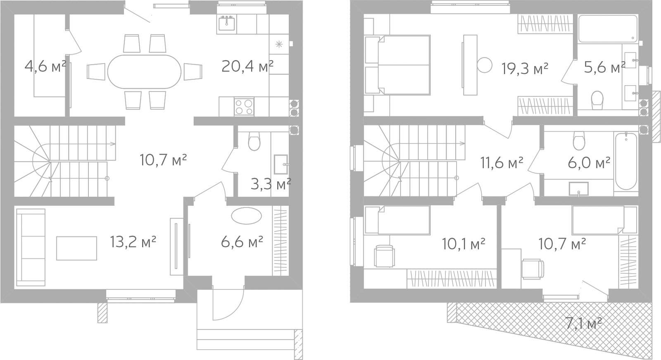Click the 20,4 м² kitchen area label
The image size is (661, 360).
pyautogui.click(x=247, y=67)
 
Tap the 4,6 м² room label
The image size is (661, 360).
pyautogui.click(x=45, y=67)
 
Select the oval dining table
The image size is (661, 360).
pyautogui.click(x=144, y=72)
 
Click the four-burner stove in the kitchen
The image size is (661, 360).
pyautogui.click(x=244, y=107)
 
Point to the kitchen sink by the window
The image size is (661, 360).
pyautogui.click(x=227, y=24)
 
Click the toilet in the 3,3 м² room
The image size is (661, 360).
pyautogui.click(x=254, y=141)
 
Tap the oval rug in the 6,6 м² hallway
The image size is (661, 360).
pyautogui.click(x=246, y=216)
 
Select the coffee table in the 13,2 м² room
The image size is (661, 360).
pyautogui.click(x=77, y=248)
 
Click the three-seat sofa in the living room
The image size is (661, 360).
pyautogui.click(x=31, y=248)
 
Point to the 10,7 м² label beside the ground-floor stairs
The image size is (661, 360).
pyautogui.click(x=163, y=160)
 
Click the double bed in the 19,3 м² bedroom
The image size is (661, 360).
pyautogui.click(x=397, y=65)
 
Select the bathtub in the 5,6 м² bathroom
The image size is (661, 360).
pyautogui.click(x=608, y=29)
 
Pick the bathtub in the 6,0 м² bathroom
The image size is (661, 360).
pyautogui.click(x=626, y=161)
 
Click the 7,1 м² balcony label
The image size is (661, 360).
pyautogui.click(x=583, y=323)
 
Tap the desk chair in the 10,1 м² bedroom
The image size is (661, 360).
pyautogui.click(x=385, y=256)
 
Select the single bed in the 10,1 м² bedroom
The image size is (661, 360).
pyautogui.click(x=397, y=220)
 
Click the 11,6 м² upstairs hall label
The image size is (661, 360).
pyautogui.click(x=502, y=162)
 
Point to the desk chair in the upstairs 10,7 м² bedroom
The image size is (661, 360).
pyautogui.click(x=533, y=269)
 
